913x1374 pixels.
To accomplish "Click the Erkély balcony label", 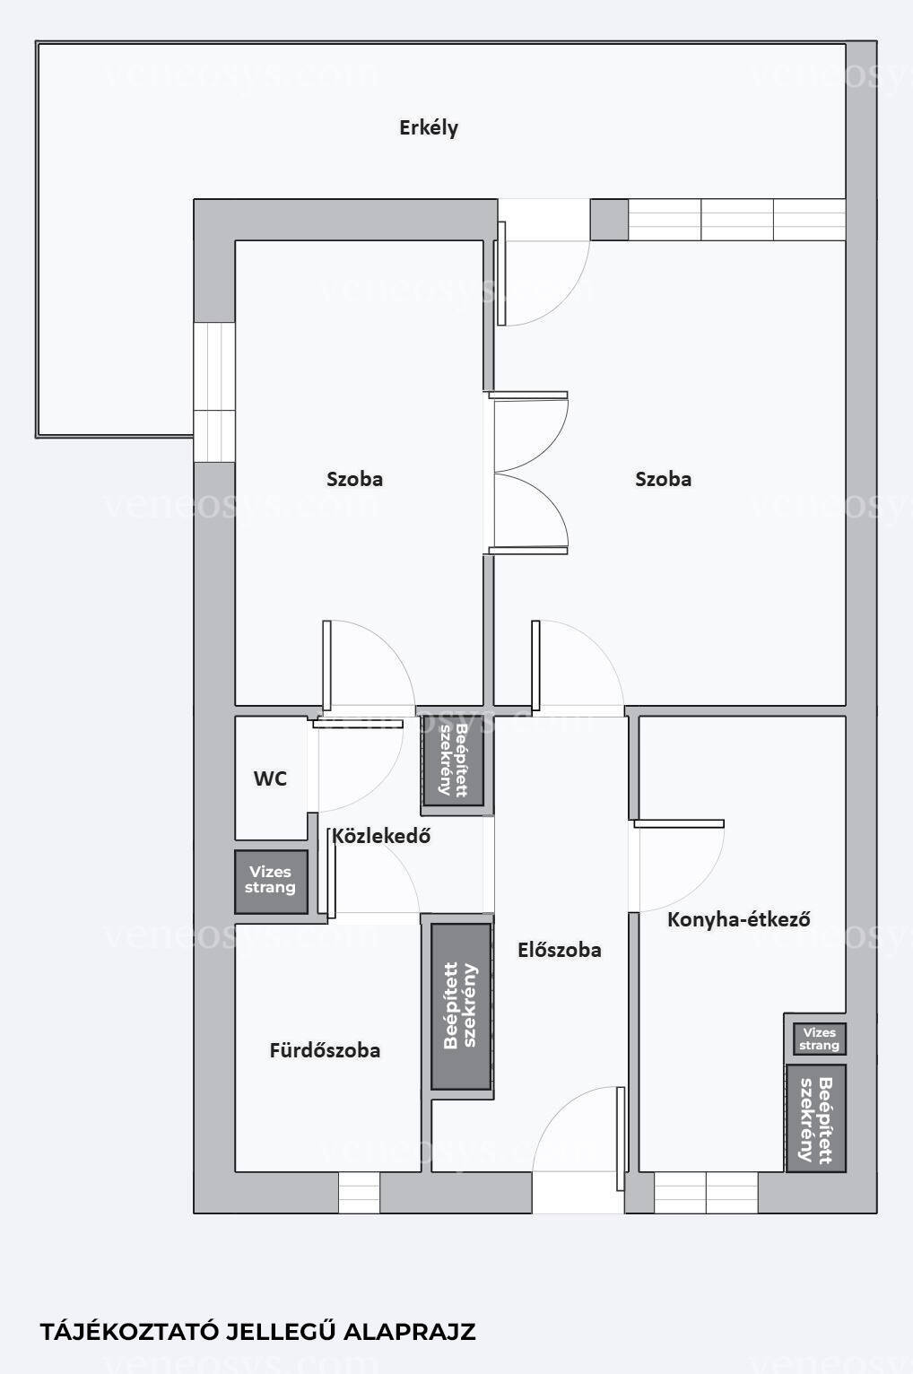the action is click(429, 128).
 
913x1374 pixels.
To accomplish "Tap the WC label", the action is click(270, 779).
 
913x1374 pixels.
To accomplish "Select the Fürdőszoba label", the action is click(325, 1051).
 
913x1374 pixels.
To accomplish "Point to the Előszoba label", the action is click(559, 950).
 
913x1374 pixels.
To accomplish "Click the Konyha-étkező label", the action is click(739, 919).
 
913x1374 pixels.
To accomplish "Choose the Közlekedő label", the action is click(381, 836).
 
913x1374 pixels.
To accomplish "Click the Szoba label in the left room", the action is click(354, 479).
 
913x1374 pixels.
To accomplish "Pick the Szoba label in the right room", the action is click(664, 479).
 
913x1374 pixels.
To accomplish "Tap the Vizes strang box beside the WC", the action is click(271, 881).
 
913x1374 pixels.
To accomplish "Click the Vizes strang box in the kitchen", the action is click(819, 1039).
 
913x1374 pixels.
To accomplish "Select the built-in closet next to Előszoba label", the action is click(461, 1006).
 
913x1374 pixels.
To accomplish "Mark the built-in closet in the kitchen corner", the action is click(816, 1118).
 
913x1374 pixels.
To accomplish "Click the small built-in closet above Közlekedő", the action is click(453, 760).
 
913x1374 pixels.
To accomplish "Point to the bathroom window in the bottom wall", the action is click(359, 1193).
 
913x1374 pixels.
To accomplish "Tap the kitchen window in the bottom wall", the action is click(706, 1193).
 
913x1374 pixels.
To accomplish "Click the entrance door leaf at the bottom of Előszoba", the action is click(621, 1129).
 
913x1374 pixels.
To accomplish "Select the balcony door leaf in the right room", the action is click(501, 273).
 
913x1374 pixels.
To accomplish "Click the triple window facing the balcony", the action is click(737, 219).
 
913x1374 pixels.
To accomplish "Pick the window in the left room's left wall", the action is click(214, 392).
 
